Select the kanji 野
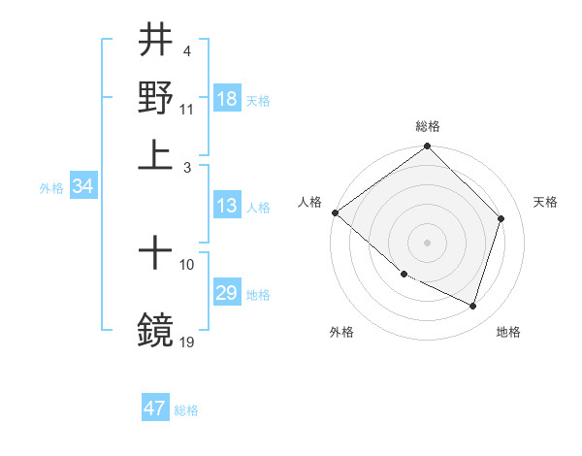(156, 97)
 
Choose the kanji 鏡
(156, 330)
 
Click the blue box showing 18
(227, 100)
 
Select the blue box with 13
(227, 206)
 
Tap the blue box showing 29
(227, 294)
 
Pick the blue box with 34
(82, 187)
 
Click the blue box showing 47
(155, 408)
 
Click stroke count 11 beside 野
(187, 109)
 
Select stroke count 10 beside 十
(187, 264)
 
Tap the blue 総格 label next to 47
(186, 410)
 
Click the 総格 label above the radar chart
(428, 126)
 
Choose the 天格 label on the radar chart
(546, 202)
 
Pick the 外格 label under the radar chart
(341, 332)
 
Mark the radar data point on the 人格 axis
(336, 212)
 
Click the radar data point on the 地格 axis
(473, 306)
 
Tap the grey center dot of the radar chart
(428, 242)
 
